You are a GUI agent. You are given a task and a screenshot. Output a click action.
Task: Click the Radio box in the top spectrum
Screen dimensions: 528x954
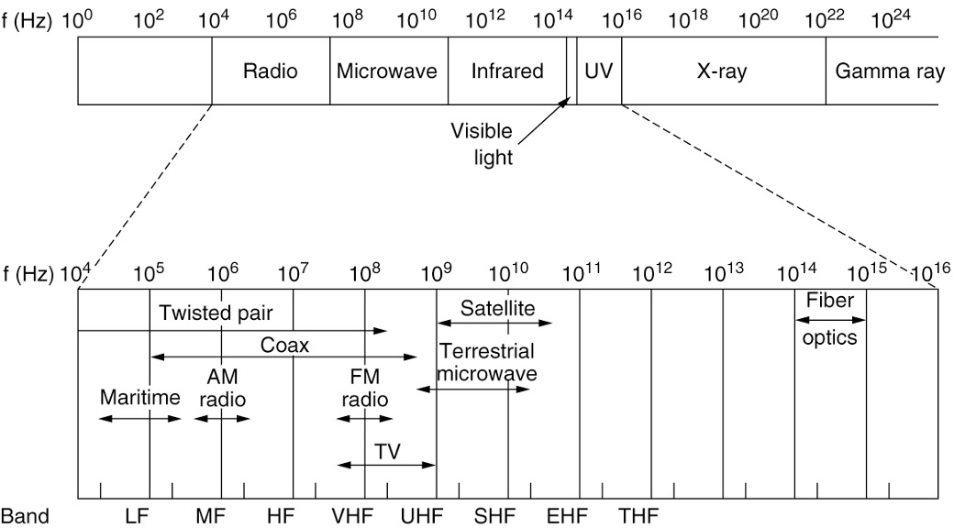click(x=271, y=71)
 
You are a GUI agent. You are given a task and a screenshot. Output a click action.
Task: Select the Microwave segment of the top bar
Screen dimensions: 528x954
click(x=388, y=71)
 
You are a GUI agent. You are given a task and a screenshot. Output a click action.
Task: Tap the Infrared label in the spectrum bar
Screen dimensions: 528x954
click(x=507, y=71)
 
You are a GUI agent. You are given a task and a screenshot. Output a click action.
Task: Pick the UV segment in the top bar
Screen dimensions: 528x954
click(x=598, y=71)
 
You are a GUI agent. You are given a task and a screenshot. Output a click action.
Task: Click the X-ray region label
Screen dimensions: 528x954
click(x=722, y=71)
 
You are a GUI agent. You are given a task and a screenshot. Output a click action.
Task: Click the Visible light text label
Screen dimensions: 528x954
click(x=481, y=143)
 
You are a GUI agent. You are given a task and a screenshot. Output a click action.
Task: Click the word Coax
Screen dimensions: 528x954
click(x=284, y=345)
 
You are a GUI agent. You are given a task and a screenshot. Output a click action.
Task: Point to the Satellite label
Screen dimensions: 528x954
click(x=497, y=307)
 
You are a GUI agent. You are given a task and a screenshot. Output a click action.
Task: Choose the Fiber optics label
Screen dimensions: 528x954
click(x=829, y=319)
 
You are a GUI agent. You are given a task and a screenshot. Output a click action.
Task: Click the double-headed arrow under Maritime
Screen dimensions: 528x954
click(x=140, y=418)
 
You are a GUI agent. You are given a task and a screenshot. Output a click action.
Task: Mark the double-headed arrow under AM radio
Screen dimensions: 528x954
click(x=221, y=418)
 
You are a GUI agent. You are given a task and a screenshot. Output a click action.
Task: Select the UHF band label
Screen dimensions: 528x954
click(x=422, y=515)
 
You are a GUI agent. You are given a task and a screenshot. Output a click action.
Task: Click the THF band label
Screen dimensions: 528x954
click(x=638, y=515)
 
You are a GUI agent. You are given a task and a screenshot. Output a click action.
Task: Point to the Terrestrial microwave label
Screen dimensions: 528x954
click(x=486, y=362)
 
